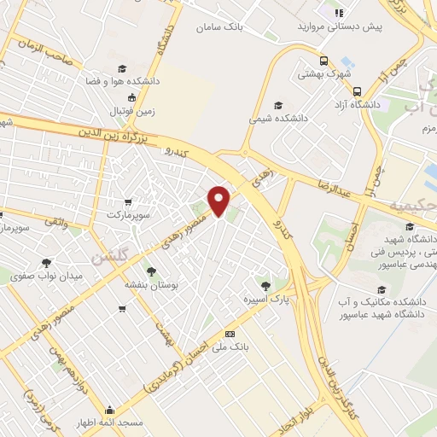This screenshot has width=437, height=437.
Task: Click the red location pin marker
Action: pyautogui.click(x=219, y=201)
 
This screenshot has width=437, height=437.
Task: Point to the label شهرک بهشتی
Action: pyautogui.click(x=318, y=74)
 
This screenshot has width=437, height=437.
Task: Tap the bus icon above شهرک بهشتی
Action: pyautogui.click(x=323, y=61)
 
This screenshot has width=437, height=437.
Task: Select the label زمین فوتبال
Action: pyautogui.click(x=132, y=111)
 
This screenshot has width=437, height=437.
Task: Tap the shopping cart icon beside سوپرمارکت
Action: pyautogui.click(x=127, y=203)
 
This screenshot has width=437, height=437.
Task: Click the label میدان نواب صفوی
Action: pyautogui.click(x=46, y=275)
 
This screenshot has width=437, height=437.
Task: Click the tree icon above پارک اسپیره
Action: pyautogui.click(x=265, y=285)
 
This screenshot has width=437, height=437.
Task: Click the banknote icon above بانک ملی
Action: pyautogui.click(x=229, y=334)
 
